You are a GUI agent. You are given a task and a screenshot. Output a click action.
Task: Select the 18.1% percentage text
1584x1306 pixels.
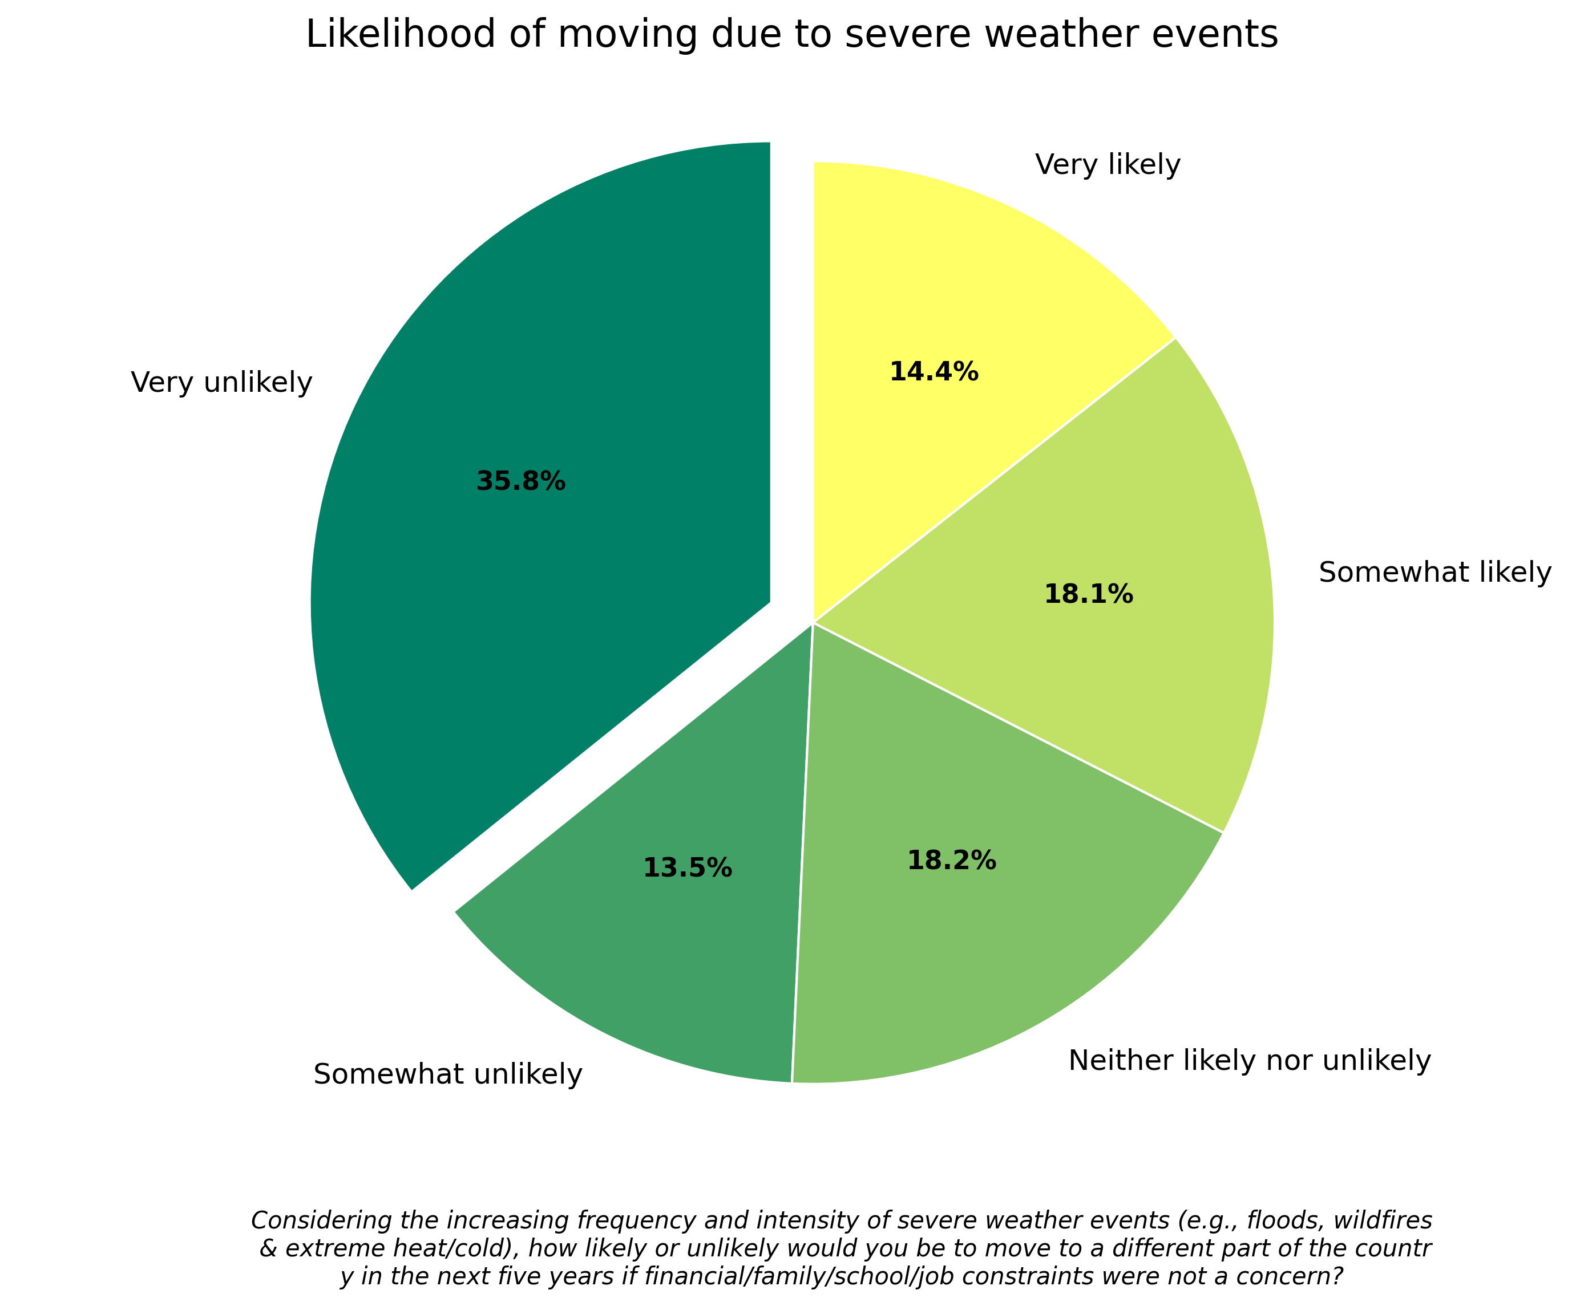(x=1088, y=595)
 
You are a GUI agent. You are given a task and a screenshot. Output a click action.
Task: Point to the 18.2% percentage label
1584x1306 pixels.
(x=951, y=861)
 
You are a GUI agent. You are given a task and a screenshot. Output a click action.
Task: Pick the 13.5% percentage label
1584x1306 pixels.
(x=687, y=868)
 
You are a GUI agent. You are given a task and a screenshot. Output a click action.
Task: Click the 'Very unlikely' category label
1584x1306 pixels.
(x=221, y=383)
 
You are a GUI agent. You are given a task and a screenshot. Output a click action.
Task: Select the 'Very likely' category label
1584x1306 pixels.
(x=1107, y=165)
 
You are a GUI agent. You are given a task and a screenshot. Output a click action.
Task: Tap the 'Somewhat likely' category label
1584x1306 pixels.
(x=1435, y=573)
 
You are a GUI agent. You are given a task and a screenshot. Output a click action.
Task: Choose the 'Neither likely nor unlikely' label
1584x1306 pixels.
(x=1249, y=1061)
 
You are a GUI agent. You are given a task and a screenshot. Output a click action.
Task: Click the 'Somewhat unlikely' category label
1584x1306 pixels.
(x=448, y=1074)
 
